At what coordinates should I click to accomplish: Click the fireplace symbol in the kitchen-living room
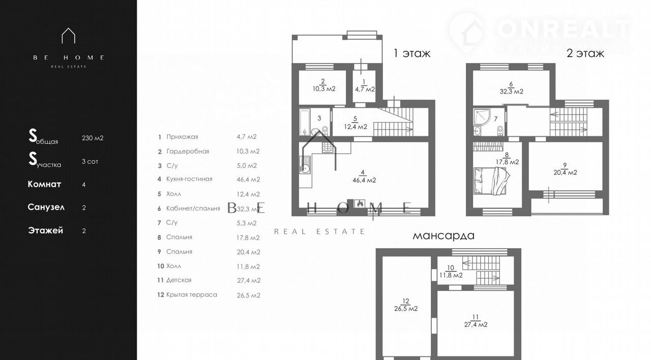tap(360, 203)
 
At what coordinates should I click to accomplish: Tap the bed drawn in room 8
tap(491, 181)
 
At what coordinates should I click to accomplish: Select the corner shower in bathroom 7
tap(482, 117)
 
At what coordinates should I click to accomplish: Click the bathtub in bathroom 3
tap(305, 122)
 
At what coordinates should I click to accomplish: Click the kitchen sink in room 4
tap(305, 165)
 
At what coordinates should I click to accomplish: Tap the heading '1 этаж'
tap(412, 53)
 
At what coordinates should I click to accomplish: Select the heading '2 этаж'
tap(585, 53)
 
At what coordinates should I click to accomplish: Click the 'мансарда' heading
tap(443, 235)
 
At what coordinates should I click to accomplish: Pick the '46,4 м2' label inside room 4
tap(364, 180)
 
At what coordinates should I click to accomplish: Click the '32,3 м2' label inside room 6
tap(512, 92)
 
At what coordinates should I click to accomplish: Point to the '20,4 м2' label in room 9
tap(565, 172)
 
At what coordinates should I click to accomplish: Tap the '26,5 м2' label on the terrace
tap(406, 309)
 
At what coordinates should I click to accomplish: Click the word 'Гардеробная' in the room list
tap(188, 152)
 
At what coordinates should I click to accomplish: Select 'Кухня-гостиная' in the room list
tap(189, 179)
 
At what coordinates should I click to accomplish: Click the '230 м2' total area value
tap(93, 138)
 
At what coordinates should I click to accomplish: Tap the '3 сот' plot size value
tap(90, 162)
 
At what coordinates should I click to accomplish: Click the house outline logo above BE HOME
tap(69, 36)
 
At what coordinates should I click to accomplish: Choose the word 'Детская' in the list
tap(179, 280)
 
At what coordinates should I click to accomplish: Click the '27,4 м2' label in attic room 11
tap(476, 324)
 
